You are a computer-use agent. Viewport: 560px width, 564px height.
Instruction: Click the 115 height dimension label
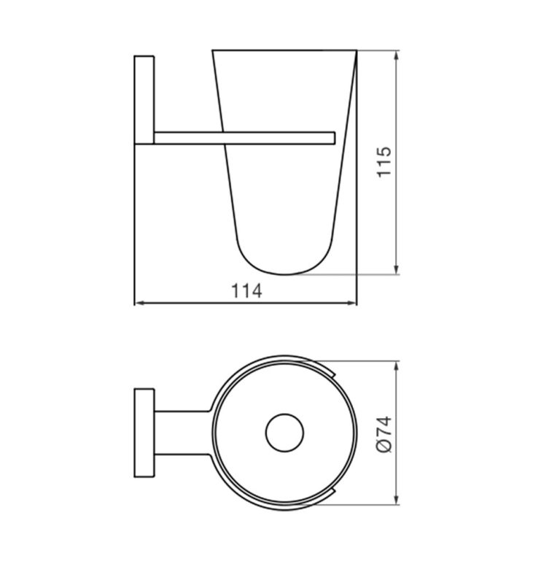[384, 163]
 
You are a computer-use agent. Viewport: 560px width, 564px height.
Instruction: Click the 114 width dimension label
[246, 290]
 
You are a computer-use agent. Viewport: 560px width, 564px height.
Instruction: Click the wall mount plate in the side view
[143, 98]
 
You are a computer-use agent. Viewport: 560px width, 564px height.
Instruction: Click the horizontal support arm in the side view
[241, 136]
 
